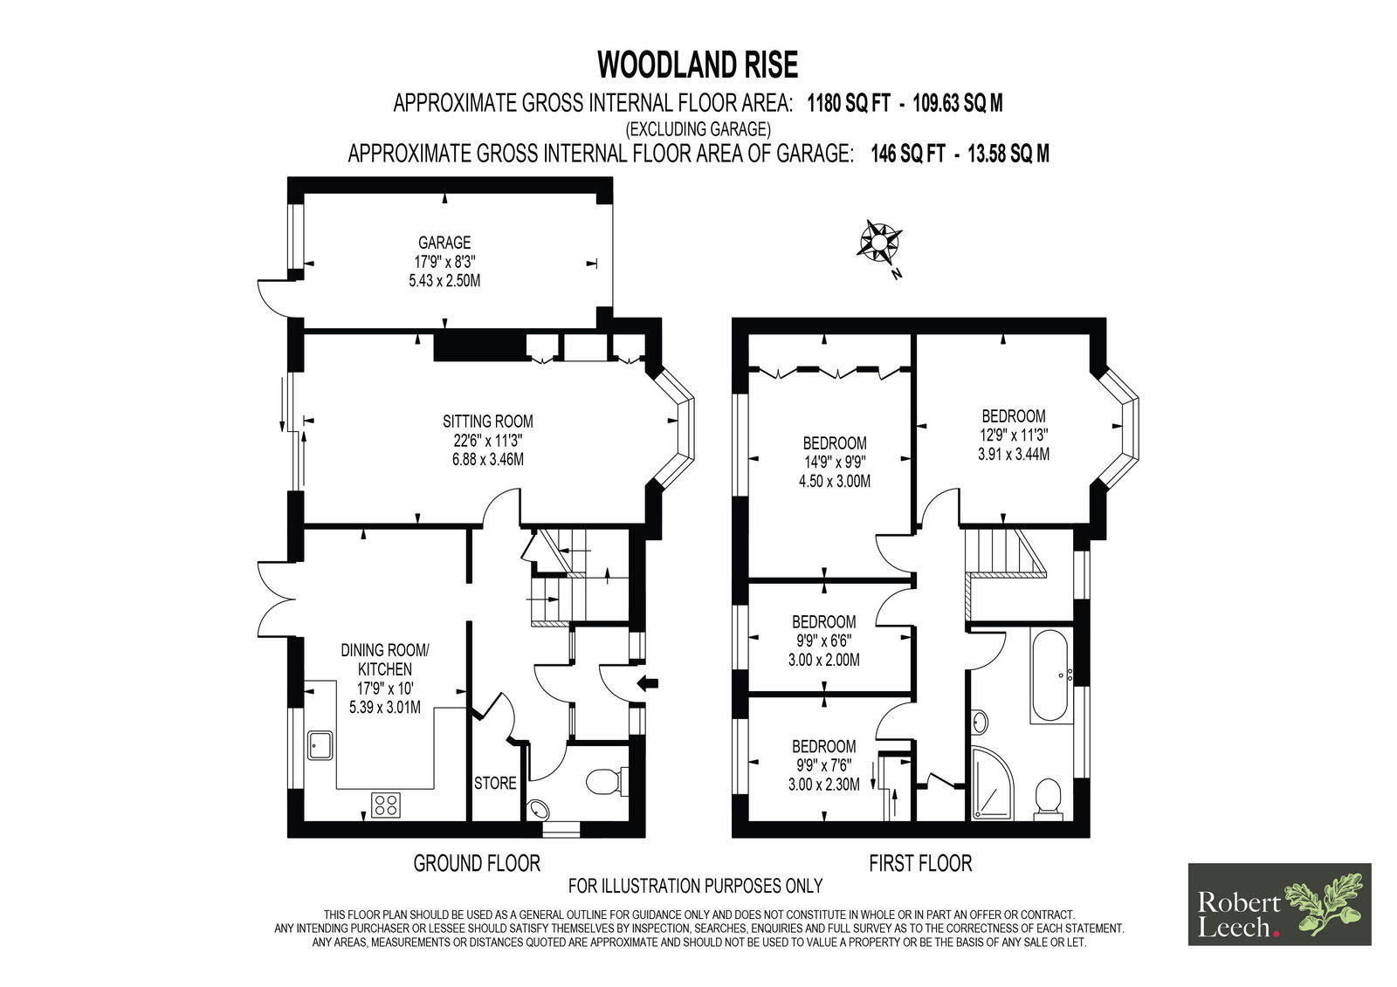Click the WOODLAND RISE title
click(x=698, y=65)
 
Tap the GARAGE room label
click(x=444, y=242)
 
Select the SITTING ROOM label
click(x=488, y=421)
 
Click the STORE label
click(x=495, y=783)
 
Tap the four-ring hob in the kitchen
click(x=385, y=805)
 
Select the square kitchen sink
click(x=320, y=745)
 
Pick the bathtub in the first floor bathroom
click(x=1052, y=675)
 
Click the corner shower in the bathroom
click(x=992, y=783)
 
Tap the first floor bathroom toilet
click(x=1048, y=799)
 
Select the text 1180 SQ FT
click(x=848, y=103)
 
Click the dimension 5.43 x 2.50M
click(x=444, y=281)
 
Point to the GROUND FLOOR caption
click(x=477, y=863)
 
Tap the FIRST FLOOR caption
click(x=920, y=863)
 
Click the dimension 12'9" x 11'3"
click(x=1014, y=435)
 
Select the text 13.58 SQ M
click(x=1008, y=154)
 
